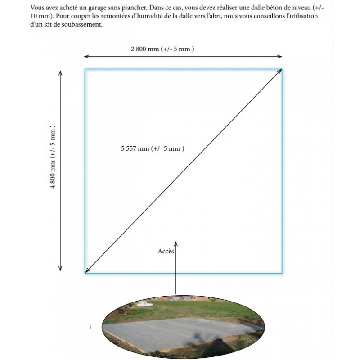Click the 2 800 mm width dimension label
click(162, 49)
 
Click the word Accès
click(165, 252)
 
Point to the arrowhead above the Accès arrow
click(175, 243)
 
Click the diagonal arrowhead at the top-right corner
click(280, 71)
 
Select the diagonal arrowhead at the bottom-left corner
click(87, 270)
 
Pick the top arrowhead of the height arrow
click(60, 72)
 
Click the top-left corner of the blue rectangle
click(85, 69)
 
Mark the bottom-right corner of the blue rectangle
click(282, 272)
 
